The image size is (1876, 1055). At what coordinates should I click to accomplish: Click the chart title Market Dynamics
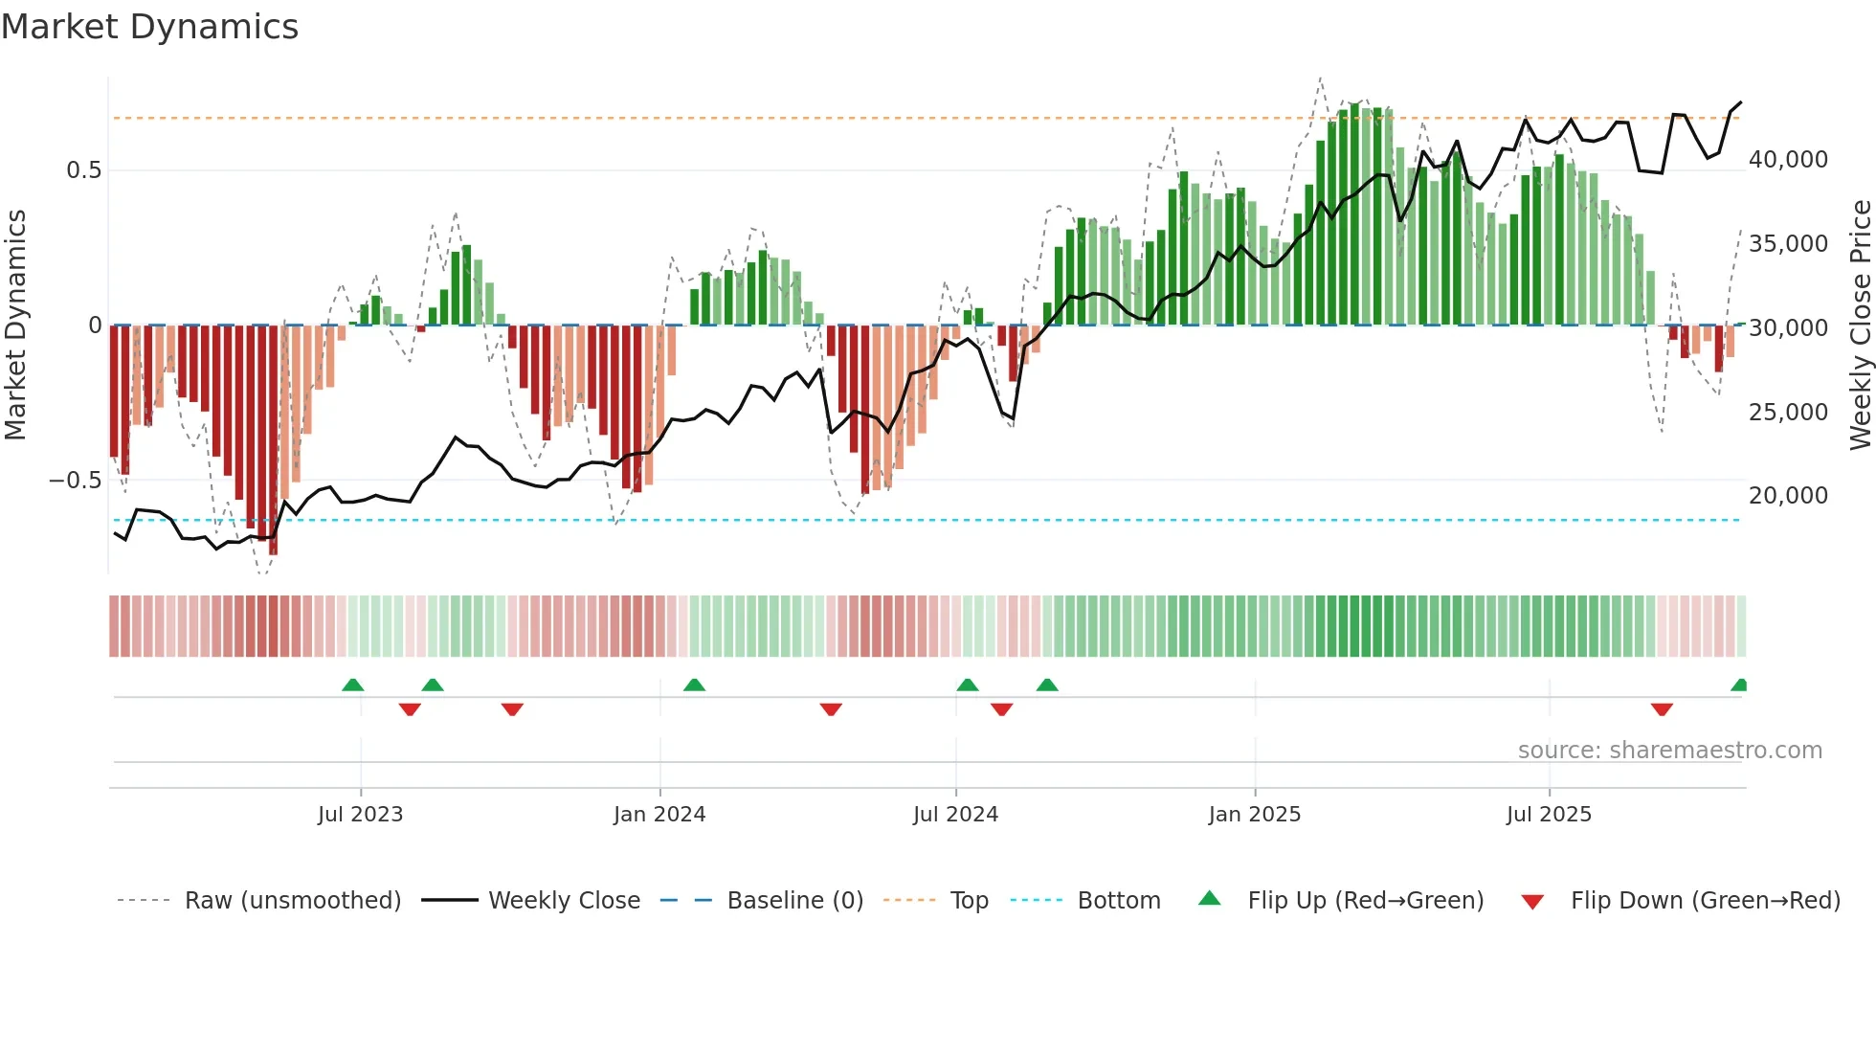pyautogui.click(x=149, y=27)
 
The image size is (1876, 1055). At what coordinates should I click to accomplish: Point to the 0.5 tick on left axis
pyautogui.click(x=83, y=170)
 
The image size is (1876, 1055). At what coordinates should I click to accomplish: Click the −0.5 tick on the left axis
pyautogui.click(x=76, y=481)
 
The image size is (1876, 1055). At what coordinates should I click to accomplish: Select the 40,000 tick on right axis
pyautogui.click(x=1788, y=160)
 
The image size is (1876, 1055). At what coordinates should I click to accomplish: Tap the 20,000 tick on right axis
pyautogui.click(x=1788, y=496)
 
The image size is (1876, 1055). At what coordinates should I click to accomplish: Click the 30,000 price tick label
pyautogui.click(x=1788, y=328)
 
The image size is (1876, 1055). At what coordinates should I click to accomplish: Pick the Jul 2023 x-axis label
pyautogui.click(x=360, y=815)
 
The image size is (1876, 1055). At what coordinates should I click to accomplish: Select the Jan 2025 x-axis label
pyautogui.click(x=1254, y=815)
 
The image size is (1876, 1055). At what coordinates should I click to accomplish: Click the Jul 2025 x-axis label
pyautogui.click(x=1548, y=815)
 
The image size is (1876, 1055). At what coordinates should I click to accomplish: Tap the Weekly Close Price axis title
pyautogui.click(x=1860, y=325)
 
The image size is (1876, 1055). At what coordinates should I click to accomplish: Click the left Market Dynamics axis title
pyautogui.click(x=15, y=325)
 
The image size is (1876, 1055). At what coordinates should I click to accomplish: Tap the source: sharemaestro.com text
pyautogui.click(x=1669, y=751)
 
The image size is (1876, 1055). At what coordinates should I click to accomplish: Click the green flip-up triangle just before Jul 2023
pyautogui.click(x=353, y=685)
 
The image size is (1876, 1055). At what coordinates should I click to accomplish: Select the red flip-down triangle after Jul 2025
pyautogui.click(x=1662, y=709)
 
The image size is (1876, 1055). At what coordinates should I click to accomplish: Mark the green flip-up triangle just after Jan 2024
pyautogui.click(x=694, y=685)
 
